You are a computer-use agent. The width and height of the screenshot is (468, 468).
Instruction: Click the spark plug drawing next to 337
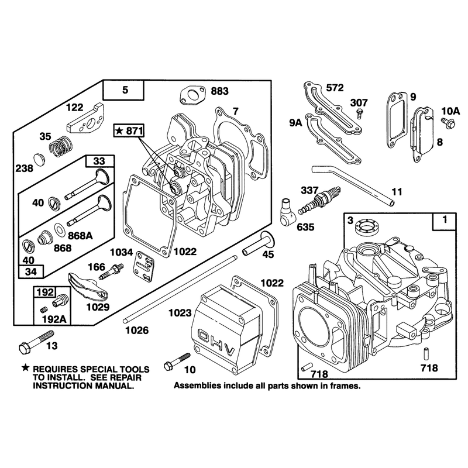click(x=319, y=200)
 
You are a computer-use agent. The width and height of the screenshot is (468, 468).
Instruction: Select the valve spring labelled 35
click(x=61, y=147)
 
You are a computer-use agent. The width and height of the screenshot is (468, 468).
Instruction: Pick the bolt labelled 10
click(x=177, y=362)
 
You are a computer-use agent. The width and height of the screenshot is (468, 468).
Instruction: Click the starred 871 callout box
click(x=129, y=130)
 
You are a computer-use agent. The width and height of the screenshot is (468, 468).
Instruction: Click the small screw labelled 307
click(x=360, y=113)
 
